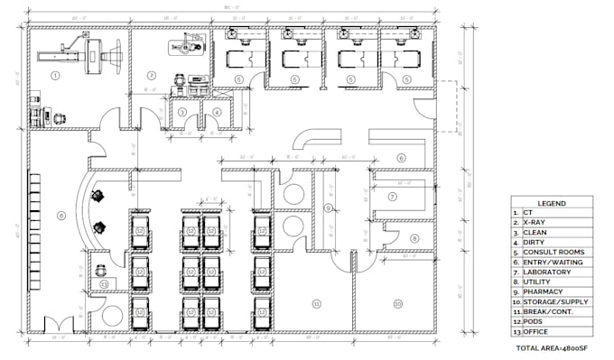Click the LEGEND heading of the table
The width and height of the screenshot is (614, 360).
552,204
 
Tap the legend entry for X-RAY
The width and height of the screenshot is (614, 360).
535,223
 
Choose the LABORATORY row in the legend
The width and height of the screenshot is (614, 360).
544,272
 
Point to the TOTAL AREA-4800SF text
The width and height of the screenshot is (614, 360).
553,347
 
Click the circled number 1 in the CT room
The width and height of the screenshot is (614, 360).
55,76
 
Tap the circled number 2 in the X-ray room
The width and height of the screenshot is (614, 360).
152,76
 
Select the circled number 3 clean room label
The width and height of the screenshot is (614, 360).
182,112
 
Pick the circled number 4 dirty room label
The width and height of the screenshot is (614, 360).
217,112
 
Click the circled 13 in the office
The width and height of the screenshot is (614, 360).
105,284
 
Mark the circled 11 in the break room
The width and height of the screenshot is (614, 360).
316,303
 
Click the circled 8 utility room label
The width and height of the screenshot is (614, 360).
414,238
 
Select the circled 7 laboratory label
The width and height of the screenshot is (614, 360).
393,197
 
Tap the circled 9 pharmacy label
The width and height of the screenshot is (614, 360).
329,208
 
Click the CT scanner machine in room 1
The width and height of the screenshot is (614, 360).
90,57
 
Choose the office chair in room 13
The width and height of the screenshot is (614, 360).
100,268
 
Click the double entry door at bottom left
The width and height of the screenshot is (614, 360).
51,327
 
